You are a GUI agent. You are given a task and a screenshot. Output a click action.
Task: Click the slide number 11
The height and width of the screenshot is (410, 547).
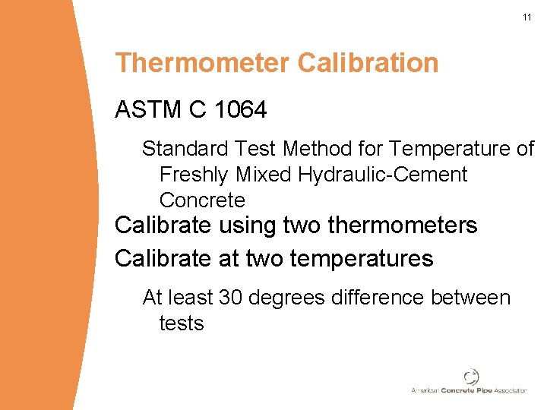tap(526, 17)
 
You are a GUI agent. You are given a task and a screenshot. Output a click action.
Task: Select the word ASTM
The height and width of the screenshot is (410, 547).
tap(147, 110)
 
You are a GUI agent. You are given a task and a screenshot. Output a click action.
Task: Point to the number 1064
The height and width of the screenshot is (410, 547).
tap(241, 110)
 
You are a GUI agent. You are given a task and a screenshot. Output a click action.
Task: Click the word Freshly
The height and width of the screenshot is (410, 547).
tap(194, 175)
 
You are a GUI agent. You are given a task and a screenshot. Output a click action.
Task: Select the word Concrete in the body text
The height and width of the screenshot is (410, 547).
tap(202, 200)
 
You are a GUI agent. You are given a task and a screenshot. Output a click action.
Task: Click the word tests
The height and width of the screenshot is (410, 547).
tap(182, 323)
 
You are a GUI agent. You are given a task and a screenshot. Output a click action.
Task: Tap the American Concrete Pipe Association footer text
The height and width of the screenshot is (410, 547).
tap(469, 390)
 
